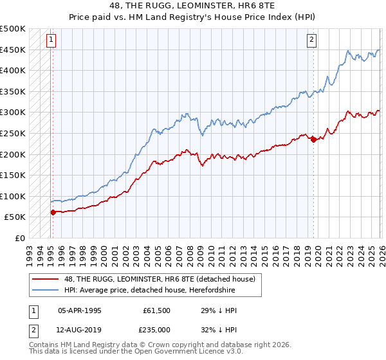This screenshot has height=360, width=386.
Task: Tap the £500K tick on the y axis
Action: (13, 29)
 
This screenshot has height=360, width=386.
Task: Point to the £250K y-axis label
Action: (13, 133)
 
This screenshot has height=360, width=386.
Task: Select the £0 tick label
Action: (20, 238)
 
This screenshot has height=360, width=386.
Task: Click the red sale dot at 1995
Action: (53, 212)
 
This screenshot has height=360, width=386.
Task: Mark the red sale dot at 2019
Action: (313, 139)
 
